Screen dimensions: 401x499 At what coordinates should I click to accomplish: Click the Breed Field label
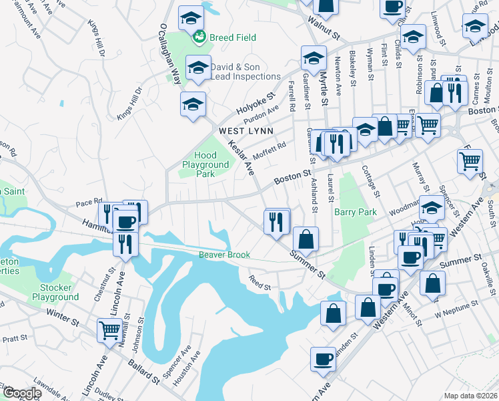(232, 38)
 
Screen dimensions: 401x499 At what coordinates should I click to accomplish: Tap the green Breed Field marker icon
(198, 38)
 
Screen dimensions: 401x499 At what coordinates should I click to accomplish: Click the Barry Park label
(356, 213)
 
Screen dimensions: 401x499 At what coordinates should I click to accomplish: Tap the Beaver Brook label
(224, 255)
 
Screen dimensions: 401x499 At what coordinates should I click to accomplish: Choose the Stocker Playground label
(55, 292)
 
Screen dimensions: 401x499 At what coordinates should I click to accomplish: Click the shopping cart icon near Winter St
(109, 329)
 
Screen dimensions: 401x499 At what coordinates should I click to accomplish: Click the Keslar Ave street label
(241, 158)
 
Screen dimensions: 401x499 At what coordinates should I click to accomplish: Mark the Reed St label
(260, 283)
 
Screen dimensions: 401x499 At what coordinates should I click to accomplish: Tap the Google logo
(22, 393)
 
